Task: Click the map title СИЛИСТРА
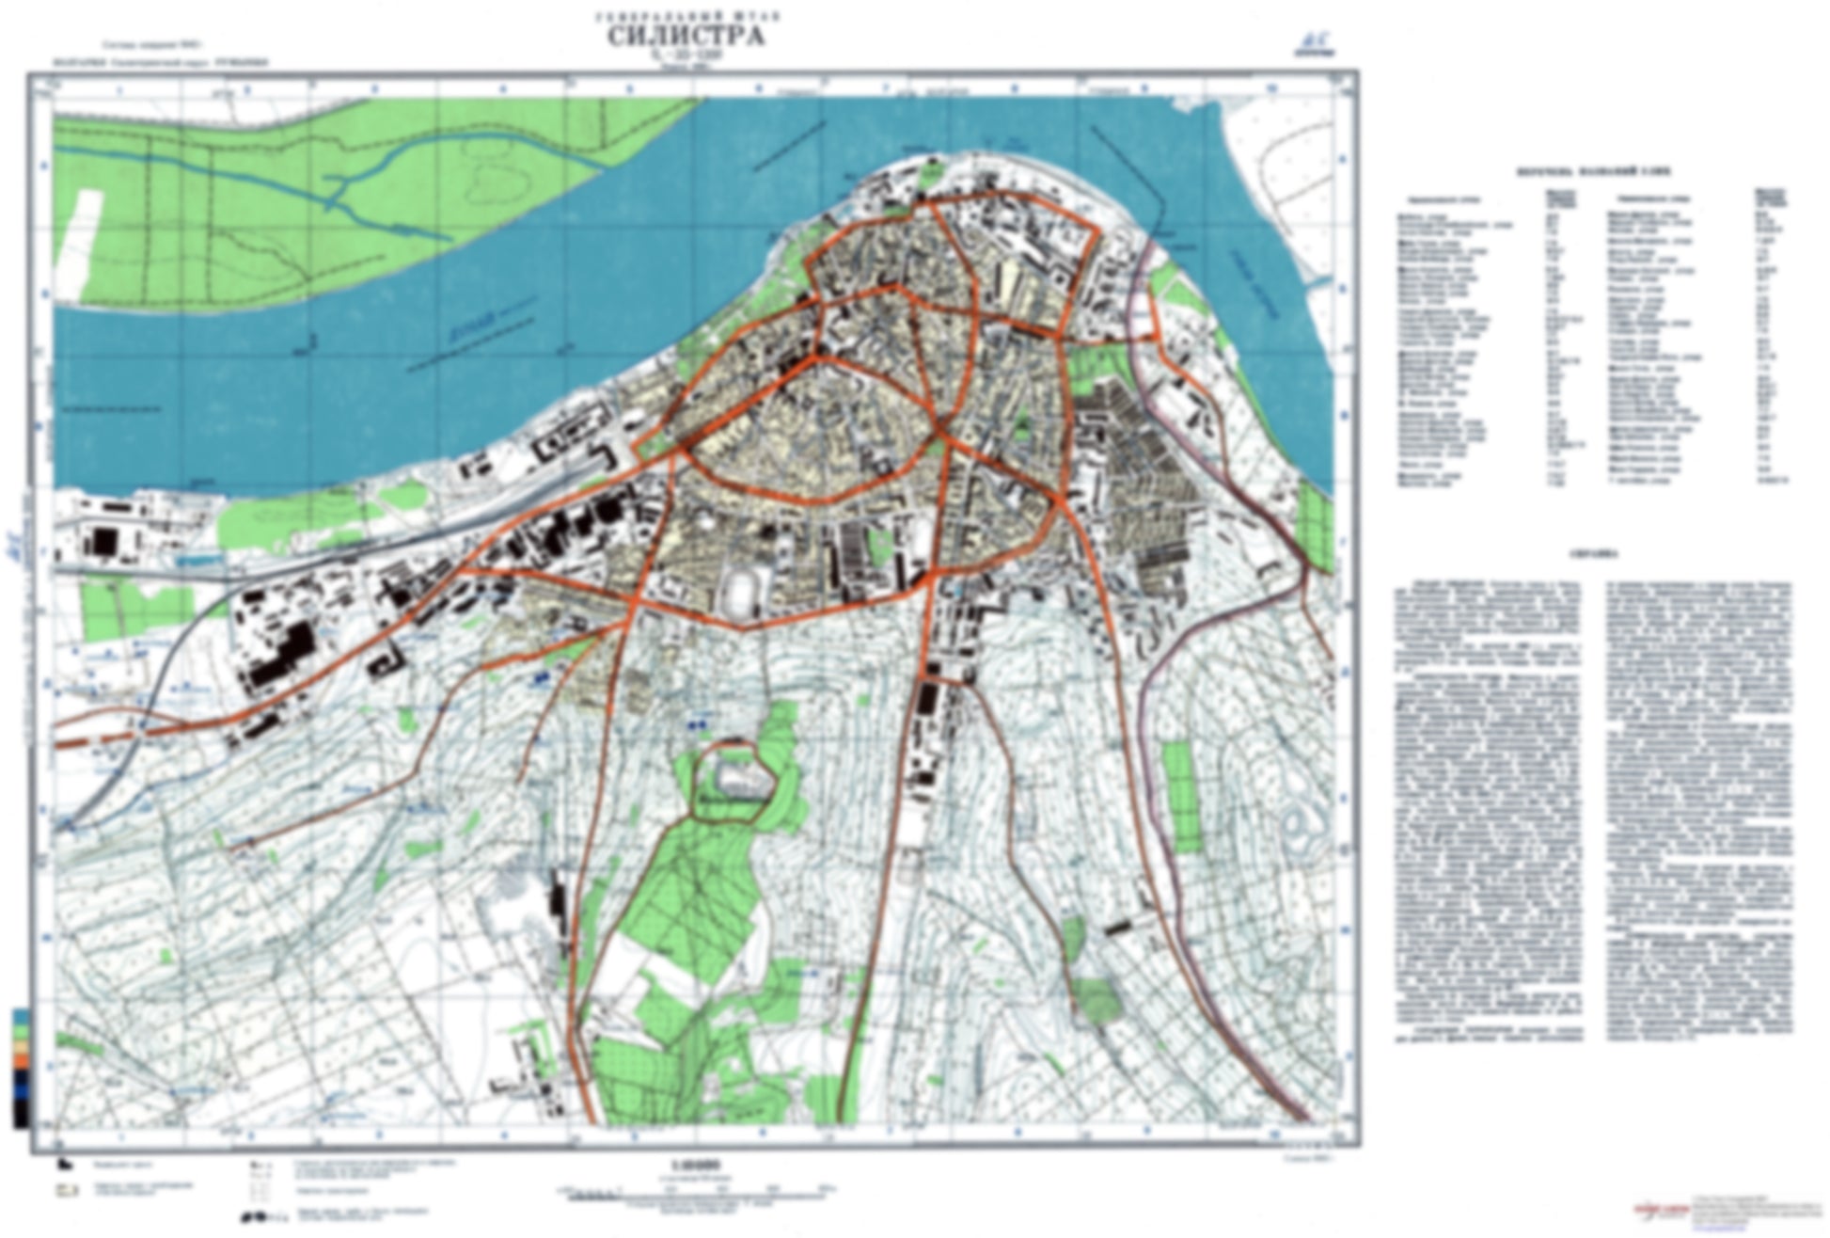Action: click(686, 36)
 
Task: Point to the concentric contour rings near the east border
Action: click(1301, 822)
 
